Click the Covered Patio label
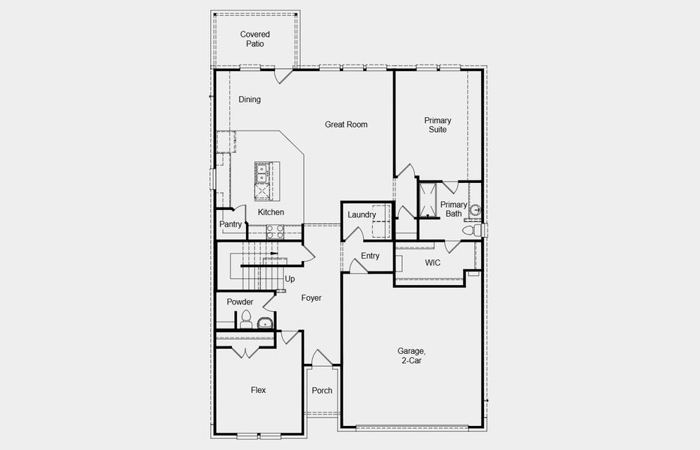[254, 39]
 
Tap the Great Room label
[346, 124]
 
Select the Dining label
[250, 100]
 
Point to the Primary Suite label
[437, 124]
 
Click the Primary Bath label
[453, 209]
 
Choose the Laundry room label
[362, 215]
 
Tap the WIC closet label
[432, 263]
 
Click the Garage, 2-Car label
[412, 355]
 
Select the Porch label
[322, 391]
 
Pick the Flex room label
[258, 390]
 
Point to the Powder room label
[240, 302]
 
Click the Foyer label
[311, 298]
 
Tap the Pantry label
[230, 224]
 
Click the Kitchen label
[271, 212]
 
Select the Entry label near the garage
[370, 256]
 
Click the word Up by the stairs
[290, 279]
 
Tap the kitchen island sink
[262, 173]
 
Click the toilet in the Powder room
[245, 319]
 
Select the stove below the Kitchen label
[274, 231]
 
